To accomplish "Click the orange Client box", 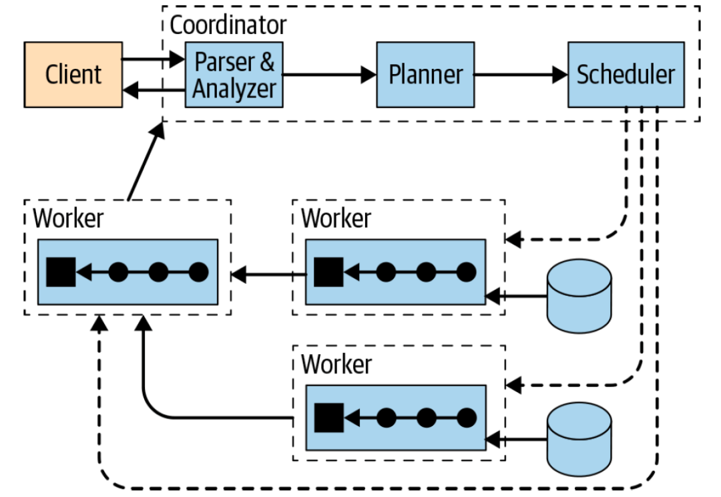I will point(73,74).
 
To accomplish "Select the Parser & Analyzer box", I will point(234,74).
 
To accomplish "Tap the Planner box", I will point(425,74).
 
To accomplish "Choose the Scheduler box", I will point(626,74).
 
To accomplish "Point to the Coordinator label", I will point(228,25).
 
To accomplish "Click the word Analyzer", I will point(234,88).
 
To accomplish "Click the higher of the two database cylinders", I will point(579,296).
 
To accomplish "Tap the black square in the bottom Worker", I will point(328,418).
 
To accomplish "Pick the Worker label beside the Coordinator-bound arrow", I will point(68,218).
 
